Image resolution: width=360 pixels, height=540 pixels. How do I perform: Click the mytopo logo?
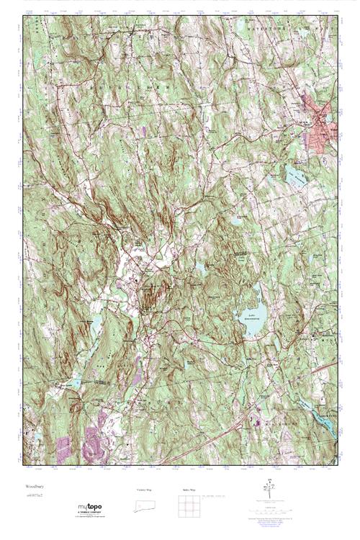(x=89, y=507)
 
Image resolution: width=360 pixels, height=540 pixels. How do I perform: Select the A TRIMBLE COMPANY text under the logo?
(x=89, y=513)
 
